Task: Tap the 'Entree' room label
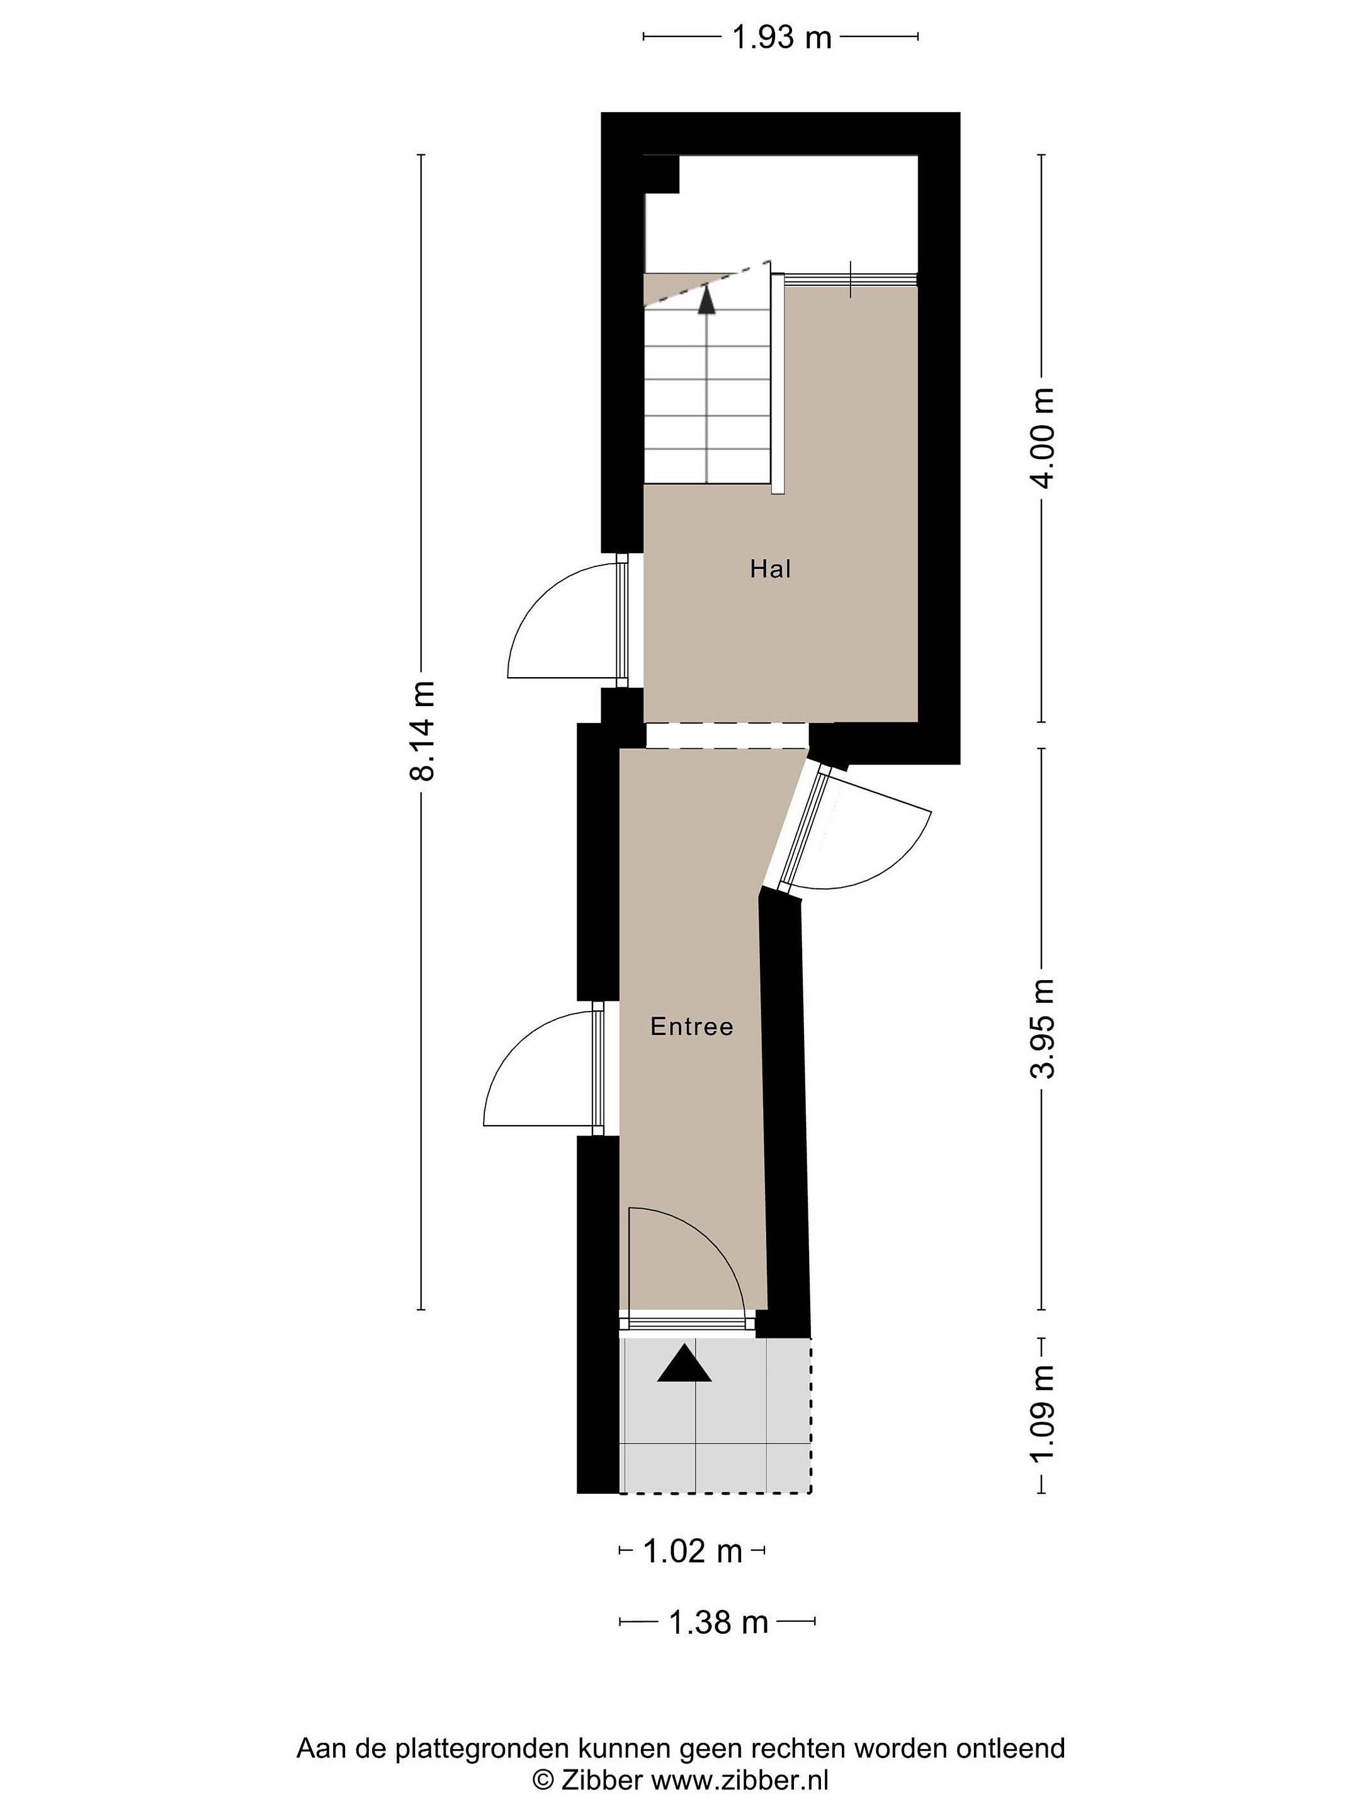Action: point(691,1026)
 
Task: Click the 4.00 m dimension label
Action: point(1042,437)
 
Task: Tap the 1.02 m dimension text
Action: point(692,1551)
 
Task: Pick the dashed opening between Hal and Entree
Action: point(727,735)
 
